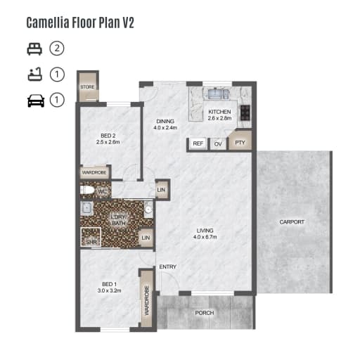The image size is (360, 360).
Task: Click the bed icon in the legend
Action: pos(34,49)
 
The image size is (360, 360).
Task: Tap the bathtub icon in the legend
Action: pos(35,75)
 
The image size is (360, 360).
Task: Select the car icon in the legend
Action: pos(36,101)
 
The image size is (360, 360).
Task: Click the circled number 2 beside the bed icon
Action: pos(57,49)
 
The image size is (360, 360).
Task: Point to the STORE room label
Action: pos(87,87)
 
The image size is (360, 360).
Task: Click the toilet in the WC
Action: pos(87,191)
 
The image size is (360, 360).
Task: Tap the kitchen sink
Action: pos(217,94)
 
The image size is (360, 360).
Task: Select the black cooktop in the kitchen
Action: pos(245,112)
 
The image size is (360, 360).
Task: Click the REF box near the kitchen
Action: pos(198,143)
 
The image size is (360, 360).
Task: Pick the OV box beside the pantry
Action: pos(218,143)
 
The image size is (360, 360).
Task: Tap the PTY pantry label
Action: pos(240,143)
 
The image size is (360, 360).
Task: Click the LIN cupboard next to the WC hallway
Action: pos(161,190)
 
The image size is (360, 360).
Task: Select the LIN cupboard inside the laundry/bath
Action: pos(146,238)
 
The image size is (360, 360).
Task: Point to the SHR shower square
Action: pos(91,237)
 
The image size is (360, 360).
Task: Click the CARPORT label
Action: pos(292,222)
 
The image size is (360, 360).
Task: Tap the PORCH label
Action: pos(205,313)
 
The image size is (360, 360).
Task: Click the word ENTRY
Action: pos(168,266)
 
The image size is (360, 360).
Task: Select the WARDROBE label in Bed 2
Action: pos(94,172)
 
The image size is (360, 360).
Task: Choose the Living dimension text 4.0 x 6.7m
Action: pos(205,237)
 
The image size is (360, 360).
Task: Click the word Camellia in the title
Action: pos(48,22)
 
